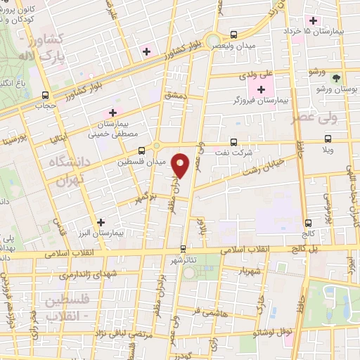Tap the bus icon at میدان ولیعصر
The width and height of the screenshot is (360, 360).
point(234,34)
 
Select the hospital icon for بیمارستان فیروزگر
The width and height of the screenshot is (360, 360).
point(262,89)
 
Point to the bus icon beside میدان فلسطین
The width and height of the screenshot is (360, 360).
point(142,150)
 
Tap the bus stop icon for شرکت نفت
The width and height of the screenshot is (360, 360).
point(234,141)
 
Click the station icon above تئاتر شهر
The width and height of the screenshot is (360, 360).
point(184,248)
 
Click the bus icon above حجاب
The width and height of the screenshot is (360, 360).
point(46,95)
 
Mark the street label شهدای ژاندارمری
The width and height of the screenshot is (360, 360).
point(70,273)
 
